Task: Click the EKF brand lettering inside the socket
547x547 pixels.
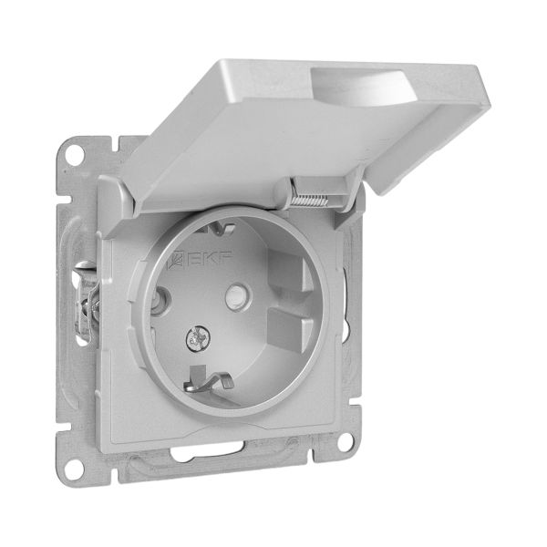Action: click(x=211, y=259)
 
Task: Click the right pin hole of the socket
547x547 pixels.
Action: click(x=239, y=296)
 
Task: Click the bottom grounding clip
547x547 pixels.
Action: click(x=207, y=379)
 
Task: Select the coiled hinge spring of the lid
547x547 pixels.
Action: click(x=308, y=201)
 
